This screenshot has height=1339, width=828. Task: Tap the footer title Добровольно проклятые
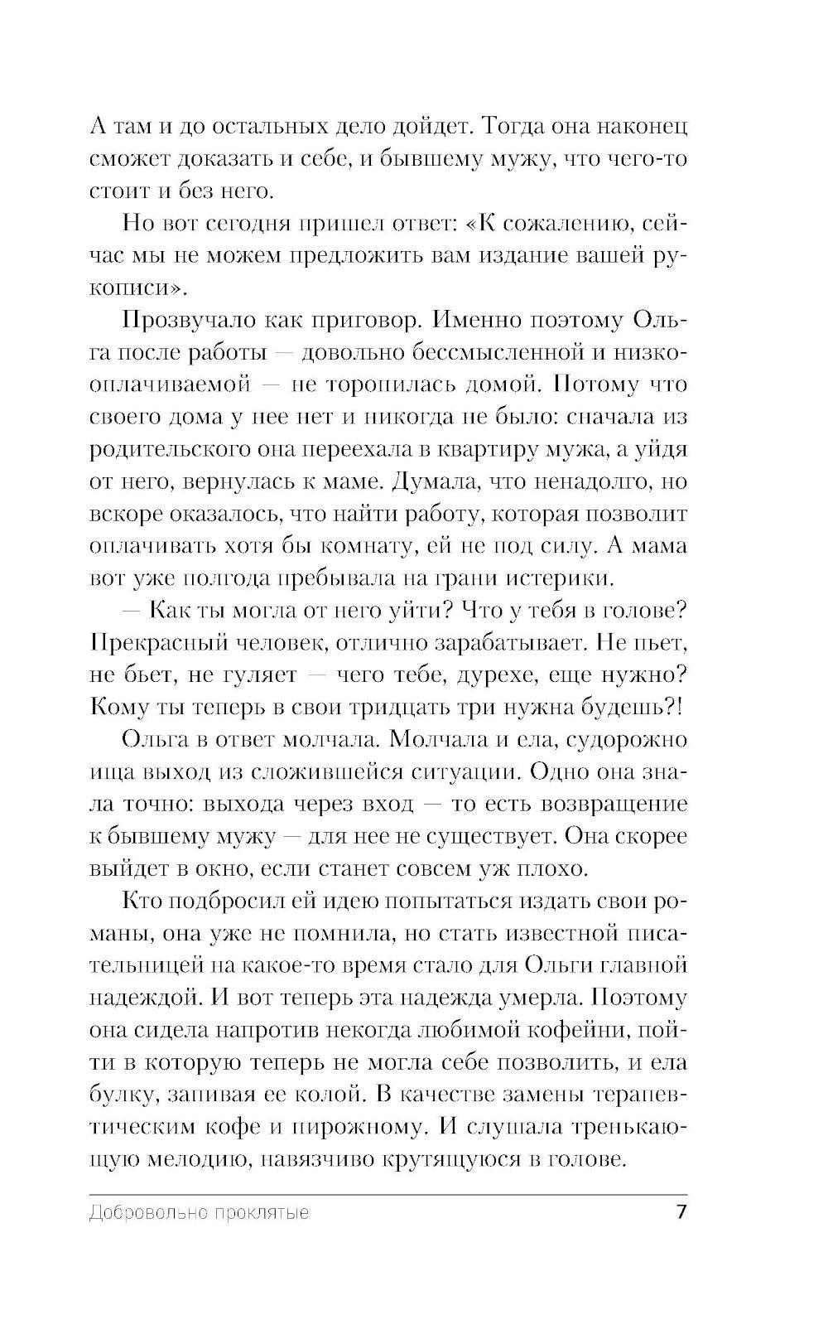pos(198,1213)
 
